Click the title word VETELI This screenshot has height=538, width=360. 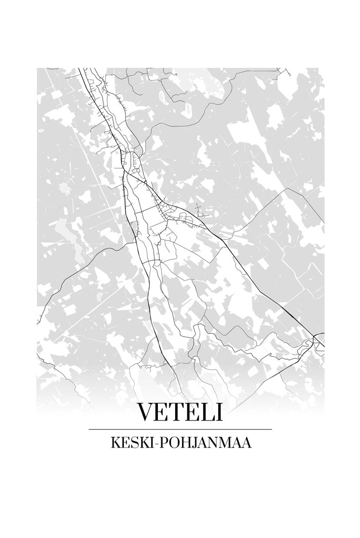point(180,412)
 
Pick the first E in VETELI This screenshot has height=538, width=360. point(163,412)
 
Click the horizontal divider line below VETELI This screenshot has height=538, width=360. point(180,429)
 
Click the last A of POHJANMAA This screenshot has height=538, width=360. point(246,444)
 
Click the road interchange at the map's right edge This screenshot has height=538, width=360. point(318,340)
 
